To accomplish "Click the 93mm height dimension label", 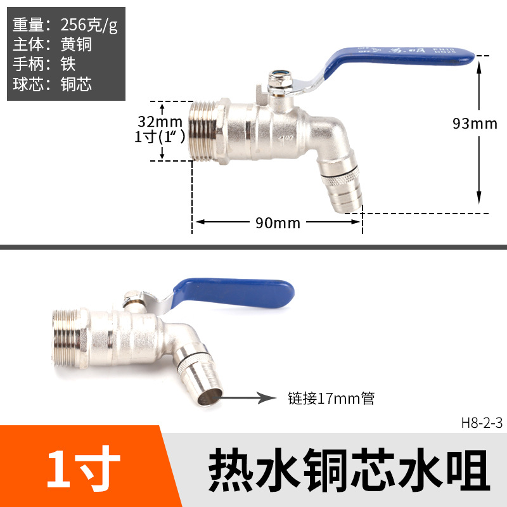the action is point(474,124).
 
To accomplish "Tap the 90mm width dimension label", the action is point(278,223).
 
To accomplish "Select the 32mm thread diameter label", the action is point(160,122).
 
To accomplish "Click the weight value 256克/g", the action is point(89,25).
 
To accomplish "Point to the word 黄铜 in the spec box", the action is point(76,44).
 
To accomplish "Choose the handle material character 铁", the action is point(68,64).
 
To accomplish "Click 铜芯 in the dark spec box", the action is point(76,84).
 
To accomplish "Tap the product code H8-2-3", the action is point(482,423).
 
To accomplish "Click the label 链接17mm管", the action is point(331,398).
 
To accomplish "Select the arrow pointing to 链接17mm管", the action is point(247,398).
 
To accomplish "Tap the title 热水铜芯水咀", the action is point(349,470).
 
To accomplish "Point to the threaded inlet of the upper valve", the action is point(203,131).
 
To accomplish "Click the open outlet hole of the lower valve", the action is point(210,397).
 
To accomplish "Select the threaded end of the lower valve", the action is point(68,338).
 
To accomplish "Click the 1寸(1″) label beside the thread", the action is point(160,136).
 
